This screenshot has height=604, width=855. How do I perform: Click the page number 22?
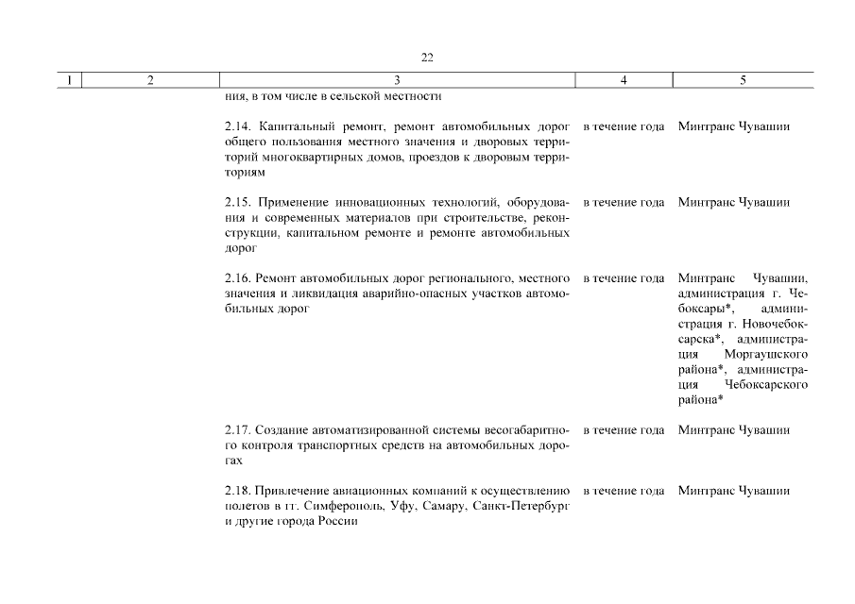click(x=427, y=58)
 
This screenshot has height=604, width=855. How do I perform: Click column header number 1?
click(x=68, y=80)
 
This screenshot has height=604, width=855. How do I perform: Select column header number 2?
click(x=150, y=80)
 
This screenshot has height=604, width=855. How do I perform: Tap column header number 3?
click(x=397, y=80)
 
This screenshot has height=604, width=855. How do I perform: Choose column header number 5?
click(x=743, y=80)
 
